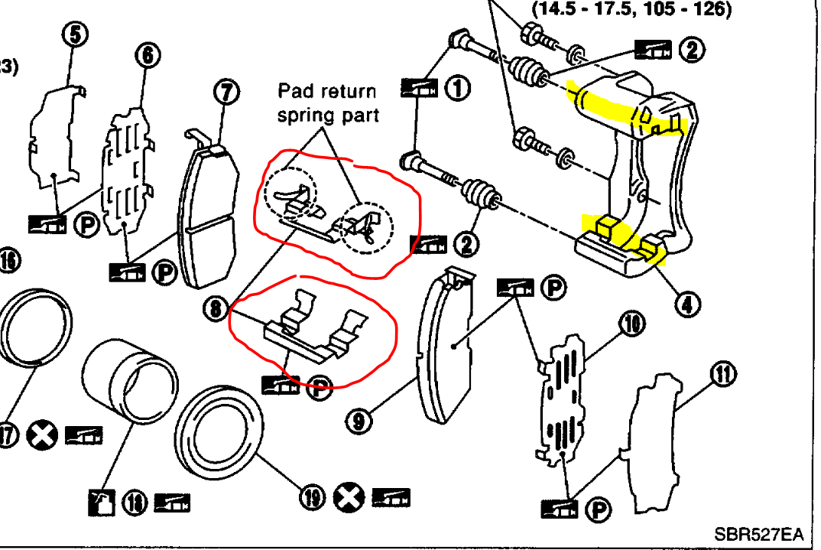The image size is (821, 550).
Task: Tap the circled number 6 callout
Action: point(146,54)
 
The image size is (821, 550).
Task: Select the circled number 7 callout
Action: point(226,92)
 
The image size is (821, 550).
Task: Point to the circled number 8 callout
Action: point(216,308)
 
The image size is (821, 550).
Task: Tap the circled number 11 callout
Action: point(722,374)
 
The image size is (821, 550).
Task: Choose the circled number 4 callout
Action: point(687,304)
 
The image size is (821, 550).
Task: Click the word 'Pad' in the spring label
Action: point(295,92)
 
